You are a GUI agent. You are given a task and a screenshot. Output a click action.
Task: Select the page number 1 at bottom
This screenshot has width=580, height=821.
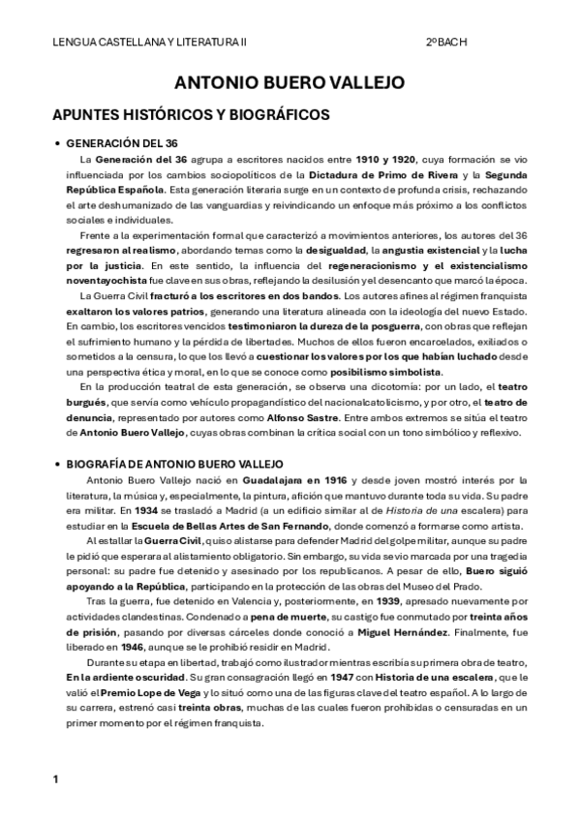pyautogui.click(x=56, y=778)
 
